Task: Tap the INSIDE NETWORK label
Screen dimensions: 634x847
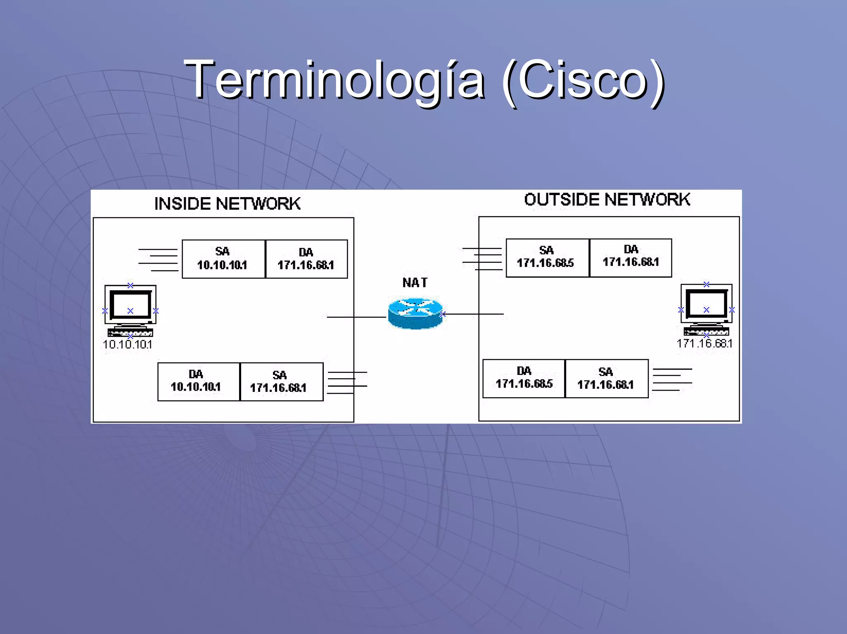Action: click(x=227, y=204)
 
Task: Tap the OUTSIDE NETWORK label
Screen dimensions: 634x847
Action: click(x=607, y=200)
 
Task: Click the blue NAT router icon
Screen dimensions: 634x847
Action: click(x=415, y=313)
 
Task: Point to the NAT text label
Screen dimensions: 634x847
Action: click(x=415, y=283)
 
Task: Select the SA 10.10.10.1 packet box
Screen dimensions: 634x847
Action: click(x=223, y=259)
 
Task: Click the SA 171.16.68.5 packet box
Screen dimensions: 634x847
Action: click(x=547, y=257)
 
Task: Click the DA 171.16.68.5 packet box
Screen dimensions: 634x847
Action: click(x=524, y=378)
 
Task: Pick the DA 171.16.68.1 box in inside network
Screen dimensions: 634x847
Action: click(x=306, y=259)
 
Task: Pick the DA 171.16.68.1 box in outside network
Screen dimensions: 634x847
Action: click(x=630, y=257)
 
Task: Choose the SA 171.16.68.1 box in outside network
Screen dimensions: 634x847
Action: click(x=606, y=378)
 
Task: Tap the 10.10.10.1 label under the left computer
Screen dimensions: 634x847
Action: click(x=127, y=345)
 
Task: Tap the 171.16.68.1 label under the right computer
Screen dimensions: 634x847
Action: click(x=704, y=343)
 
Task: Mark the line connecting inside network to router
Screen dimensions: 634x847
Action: click(x=356, y=317)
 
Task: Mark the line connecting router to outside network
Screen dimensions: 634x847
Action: click(x=474, y=314)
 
